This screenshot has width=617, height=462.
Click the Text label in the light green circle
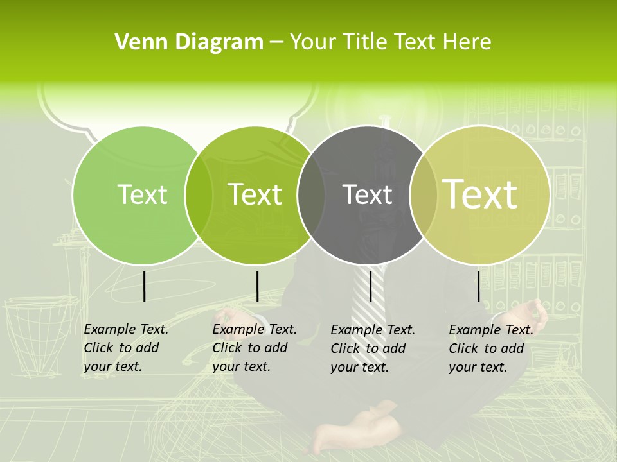142,194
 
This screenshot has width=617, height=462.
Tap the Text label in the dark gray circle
367,194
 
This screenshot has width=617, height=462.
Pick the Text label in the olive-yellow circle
480,194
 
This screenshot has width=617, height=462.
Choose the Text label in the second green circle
255,194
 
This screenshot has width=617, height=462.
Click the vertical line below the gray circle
371,286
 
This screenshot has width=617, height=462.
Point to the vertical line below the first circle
145,286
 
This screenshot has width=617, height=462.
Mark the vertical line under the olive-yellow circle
479,286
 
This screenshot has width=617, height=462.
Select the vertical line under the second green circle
258,286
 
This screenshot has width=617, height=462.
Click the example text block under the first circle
125,348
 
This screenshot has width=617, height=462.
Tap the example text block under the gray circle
372,348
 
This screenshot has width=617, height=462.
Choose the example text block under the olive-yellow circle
490,348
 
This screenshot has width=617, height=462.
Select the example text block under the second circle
254,348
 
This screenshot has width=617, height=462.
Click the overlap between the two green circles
199,194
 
